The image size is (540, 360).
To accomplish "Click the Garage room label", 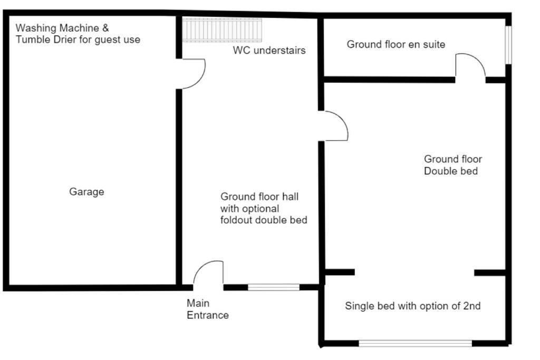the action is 86,192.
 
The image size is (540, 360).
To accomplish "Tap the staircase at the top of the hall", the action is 222,30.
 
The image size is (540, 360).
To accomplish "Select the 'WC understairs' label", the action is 269,50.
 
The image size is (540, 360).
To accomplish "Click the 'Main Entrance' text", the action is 208,309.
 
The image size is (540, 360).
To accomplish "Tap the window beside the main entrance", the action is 274,287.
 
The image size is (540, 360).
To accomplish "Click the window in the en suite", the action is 508,45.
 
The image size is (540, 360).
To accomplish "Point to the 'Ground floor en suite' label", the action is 396,44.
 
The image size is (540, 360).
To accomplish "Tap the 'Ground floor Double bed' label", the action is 452,165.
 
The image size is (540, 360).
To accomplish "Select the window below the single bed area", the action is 416,343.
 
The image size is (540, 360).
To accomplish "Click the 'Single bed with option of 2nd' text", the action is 412,306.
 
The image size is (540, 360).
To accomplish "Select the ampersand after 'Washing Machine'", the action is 105,28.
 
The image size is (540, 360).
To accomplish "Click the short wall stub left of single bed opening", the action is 340,272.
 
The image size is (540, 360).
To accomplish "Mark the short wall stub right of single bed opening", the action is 490,273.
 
